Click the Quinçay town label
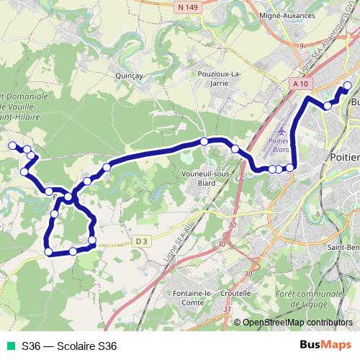tap(126, 73)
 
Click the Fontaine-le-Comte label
tap(192, 298)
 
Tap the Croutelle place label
tap(236, 294)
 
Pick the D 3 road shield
tap(140, 240)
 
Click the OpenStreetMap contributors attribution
tap(297, 323)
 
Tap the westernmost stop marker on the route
tap(12, 146)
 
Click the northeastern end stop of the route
tap(347, 86)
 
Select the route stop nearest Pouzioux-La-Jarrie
tap(205, 141)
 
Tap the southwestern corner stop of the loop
tap(49, 251)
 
